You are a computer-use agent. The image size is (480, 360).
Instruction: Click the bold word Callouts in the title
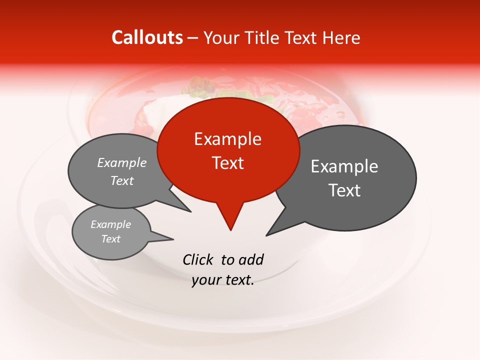coord(147,37)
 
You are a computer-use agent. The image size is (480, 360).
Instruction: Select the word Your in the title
coord(220,38)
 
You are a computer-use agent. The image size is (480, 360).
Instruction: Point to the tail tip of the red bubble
coord(230,230)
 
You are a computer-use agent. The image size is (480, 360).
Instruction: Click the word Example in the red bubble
coord(227,139)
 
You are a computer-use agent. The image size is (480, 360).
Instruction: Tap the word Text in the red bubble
coord(227,163)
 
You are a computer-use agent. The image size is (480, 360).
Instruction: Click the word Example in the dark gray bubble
coord(344,166)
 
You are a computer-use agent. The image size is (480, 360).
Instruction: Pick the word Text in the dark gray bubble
coord(344,190)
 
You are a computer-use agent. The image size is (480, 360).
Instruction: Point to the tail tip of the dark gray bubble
coord(266,235)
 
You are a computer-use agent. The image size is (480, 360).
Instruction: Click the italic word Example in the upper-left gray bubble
coord(122,162)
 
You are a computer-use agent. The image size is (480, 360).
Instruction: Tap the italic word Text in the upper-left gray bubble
coord(122,180)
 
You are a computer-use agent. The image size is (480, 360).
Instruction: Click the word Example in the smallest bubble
coord(110,224)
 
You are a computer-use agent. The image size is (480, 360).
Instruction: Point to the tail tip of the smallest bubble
coord(173,239)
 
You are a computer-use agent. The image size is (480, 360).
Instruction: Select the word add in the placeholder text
coord(251,259)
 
